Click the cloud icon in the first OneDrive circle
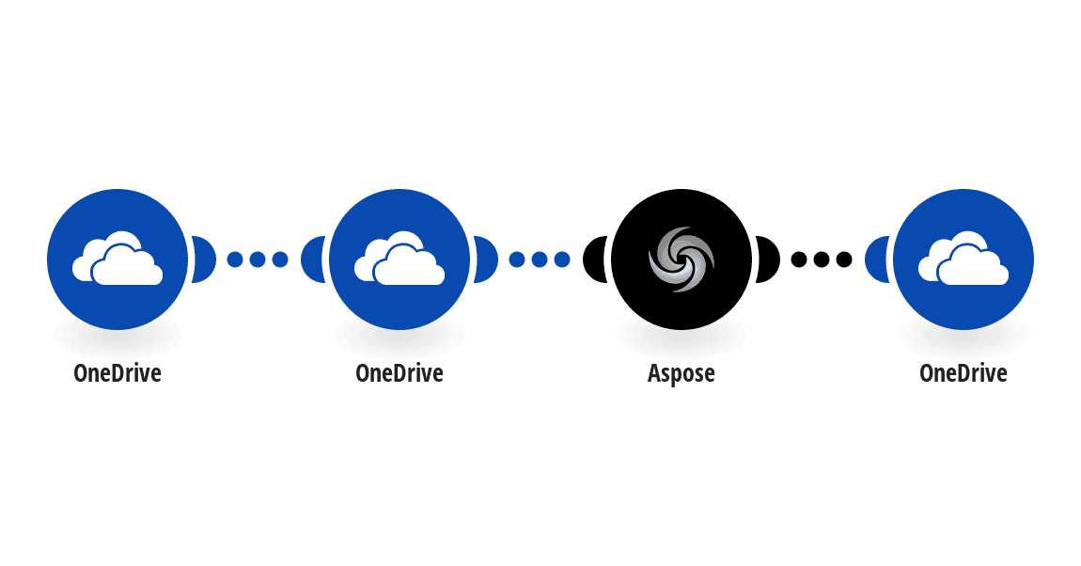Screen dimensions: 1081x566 tap(117, 259)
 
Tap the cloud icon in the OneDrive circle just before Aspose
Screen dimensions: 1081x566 tap(399, 259)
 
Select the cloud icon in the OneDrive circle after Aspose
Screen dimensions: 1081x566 tap(963, 259)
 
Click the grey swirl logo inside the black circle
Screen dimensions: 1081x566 tap(681, 259)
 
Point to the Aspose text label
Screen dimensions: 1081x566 tap(681, 373)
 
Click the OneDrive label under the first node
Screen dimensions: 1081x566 tap(117, 373)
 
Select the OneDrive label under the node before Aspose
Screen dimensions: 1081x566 tap(399, 373)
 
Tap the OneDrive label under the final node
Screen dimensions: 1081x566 tap(963, 373)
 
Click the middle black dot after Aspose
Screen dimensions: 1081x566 tap(822, 259)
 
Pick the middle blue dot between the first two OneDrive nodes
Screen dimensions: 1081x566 tap(258, 259)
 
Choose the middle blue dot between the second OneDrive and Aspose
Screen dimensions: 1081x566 tap(540, 259)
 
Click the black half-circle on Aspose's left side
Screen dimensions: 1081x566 tap(595, 259)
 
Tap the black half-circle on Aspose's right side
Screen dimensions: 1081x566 tap(767, 259)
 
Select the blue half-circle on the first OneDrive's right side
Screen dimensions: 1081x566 tap(203, 259)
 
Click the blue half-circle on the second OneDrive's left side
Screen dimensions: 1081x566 tap(313, 259)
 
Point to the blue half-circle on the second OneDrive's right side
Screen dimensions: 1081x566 tap(485, 259)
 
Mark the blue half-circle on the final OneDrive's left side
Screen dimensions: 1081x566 tap(877, 259)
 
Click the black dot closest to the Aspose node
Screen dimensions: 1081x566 tap(798, 259)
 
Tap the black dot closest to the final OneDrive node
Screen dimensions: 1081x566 tap(844, 259)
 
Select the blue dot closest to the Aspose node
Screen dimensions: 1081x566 tap(562, 259)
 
